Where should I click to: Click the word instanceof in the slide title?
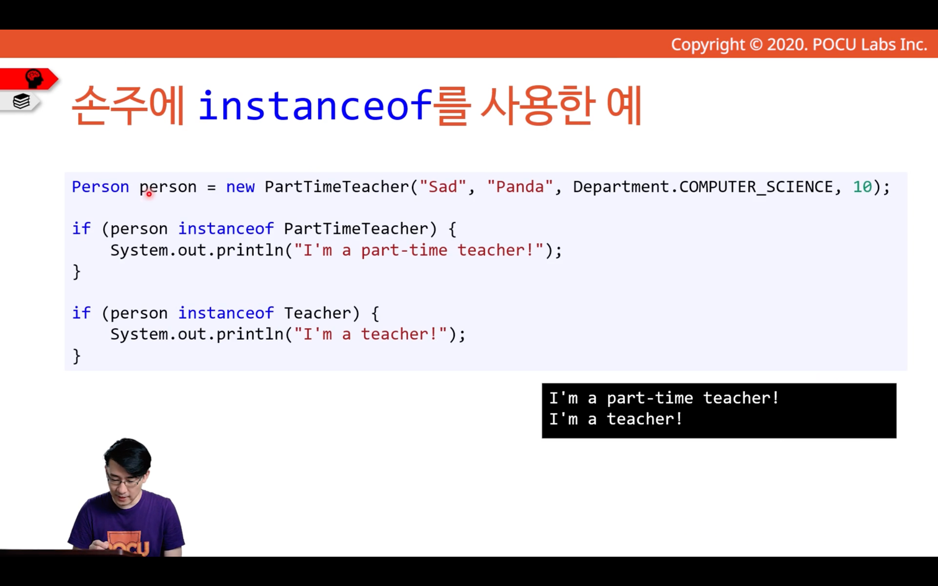(x=315, y=105)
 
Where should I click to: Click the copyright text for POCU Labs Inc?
(x=799, y=45)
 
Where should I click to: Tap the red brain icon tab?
(x=29, y=79)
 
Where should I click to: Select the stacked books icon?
(x=21, y=101)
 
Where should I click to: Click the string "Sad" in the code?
(x=442, y=187)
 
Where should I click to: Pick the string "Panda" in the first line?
(x=520, y=187)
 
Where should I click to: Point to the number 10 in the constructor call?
(x=862, y=187)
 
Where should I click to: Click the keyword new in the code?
(x=240, y=187)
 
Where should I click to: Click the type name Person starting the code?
(x=100, y=187)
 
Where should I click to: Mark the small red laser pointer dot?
(x=149, y=194)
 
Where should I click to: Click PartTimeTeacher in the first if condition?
(x=356, y=229)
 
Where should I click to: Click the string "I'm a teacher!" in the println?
(x=370, y=334)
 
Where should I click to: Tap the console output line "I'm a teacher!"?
(x=615, y=419)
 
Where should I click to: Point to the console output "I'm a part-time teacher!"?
(x=664, y=397)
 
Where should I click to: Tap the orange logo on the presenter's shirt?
(x=128, y=543)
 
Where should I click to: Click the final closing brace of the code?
(x=76, y=356)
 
